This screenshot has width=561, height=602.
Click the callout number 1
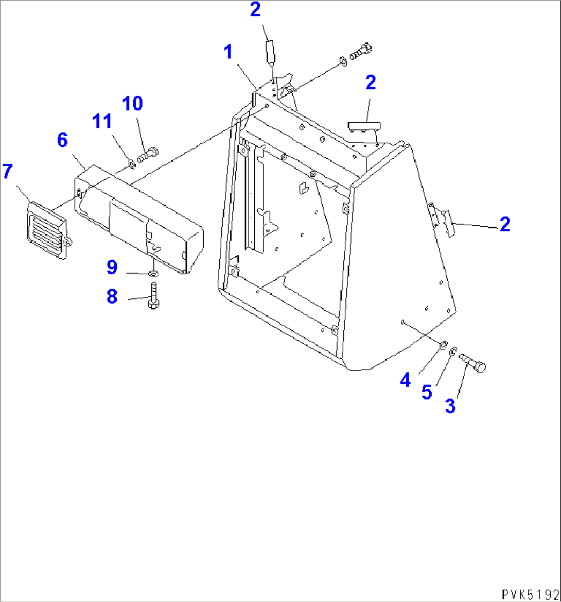pyautogui.click(x=228, y=52)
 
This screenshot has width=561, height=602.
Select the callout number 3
pyautogui.click(x=450, y=406)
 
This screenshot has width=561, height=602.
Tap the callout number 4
pyautogui.click(x=406, y=380)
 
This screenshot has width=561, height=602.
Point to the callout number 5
pyautogui.click(x=427, y=392)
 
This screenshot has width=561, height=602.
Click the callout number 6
pyautogui.click(x=62, y=140)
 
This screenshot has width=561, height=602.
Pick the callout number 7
pyautogui.click(x=7, y=171)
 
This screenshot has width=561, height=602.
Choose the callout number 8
pyautogui.click(x=112, y=296)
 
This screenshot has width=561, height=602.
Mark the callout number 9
pyautogui.click(x=112, y=267)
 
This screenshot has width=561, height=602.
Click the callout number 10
pyautogui.click(x=132, y=103)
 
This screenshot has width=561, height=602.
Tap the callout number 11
pyautogui.click(x=101, y=121)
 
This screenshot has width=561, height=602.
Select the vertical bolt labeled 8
pyautogui.click(x=153, y=296)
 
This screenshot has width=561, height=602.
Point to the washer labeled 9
pyautogui.click(x=153, y=274)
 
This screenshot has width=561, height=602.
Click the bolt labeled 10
pyautogui.click(x=148, y=154)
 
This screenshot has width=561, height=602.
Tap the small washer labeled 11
pyautogui.click(x=131, y=164)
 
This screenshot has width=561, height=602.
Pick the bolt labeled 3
pyautogui.click(x=472, y=363)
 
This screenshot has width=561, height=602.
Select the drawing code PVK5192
pyautogui.click(x=531, y=594)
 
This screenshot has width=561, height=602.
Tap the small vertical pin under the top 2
pyautogui.click(x=270, y=52)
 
